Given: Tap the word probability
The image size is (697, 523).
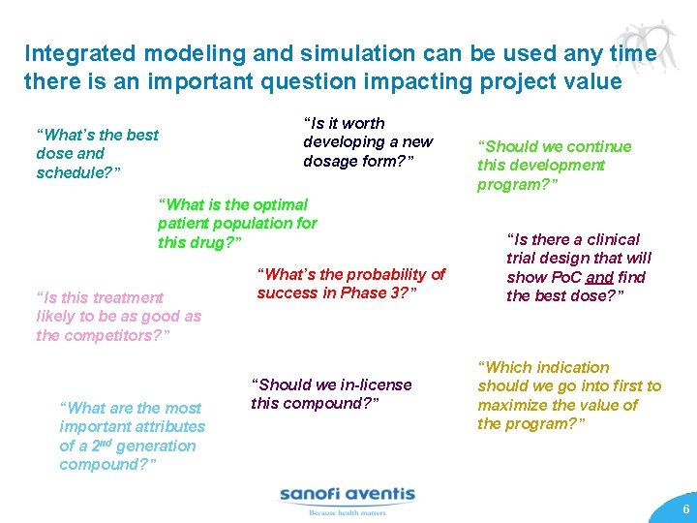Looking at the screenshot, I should [x=373, y=274].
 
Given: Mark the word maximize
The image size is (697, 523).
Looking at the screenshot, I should [x=518, y=405].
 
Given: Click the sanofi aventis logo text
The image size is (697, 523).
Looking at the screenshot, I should [x=347, y=495].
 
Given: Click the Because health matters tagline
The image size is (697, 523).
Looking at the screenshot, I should [x=346, y=513].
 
